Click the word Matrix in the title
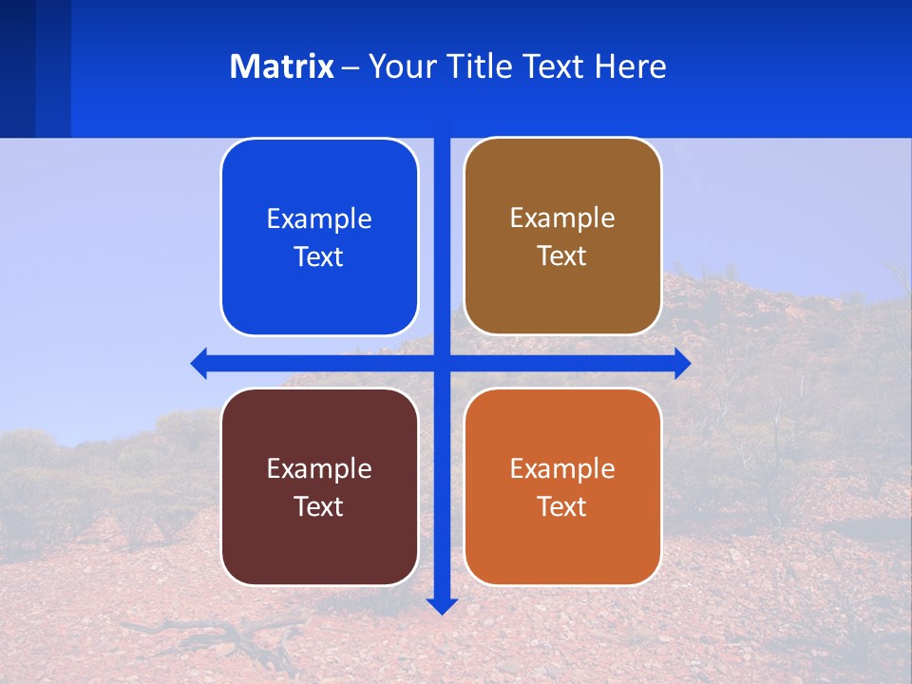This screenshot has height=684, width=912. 281,66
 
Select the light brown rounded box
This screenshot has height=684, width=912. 562,294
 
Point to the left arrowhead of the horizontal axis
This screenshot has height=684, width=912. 199,363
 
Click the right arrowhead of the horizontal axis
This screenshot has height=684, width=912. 682,363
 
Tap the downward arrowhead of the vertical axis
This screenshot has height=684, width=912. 442,605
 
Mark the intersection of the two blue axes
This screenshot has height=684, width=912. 442,363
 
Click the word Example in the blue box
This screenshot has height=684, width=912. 319,218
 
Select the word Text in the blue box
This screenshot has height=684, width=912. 318,256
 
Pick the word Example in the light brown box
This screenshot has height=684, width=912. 562,218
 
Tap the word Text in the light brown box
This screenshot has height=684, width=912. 561,256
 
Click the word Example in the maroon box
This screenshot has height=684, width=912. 319,468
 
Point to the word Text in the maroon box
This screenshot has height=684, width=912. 318,506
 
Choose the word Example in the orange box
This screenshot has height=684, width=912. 562,468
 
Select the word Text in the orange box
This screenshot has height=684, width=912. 561,506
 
